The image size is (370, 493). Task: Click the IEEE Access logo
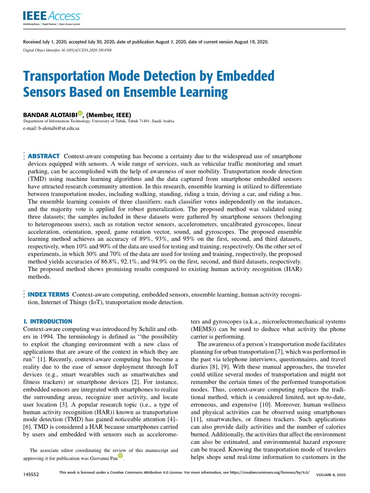tap(52, 17)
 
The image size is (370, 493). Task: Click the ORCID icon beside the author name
tap(80, 114)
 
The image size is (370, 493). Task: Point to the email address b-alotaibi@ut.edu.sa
tap(52, 129)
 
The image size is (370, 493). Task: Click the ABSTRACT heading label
tap(44, 156)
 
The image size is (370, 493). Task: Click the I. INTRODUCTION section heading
tap(48, 321)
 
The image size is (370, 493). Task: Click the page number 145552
tap(31, 475)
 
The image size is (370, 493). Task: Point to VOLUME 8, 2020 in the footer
tap(330, 475)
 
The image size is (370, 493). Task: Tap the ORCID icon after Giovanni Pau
tap(121, 455)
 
